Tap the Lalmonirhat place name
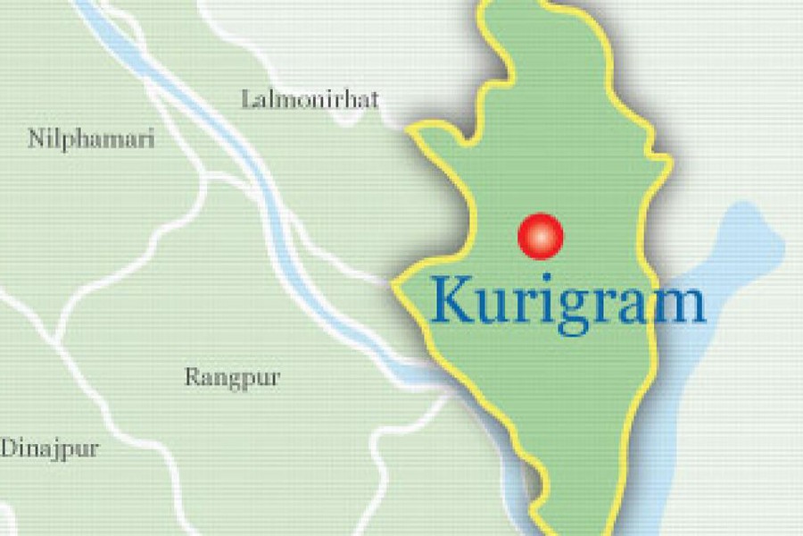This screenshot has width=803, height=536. click(310, 98)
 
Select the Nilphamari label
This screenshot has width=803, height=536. click(91, 139)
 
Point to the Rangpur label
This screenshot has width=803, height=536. click(232, 377)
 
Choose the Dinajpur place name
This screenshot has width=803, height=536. click(49, 448)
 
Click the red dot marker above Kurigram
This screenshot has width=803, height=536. click(541, 236)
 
